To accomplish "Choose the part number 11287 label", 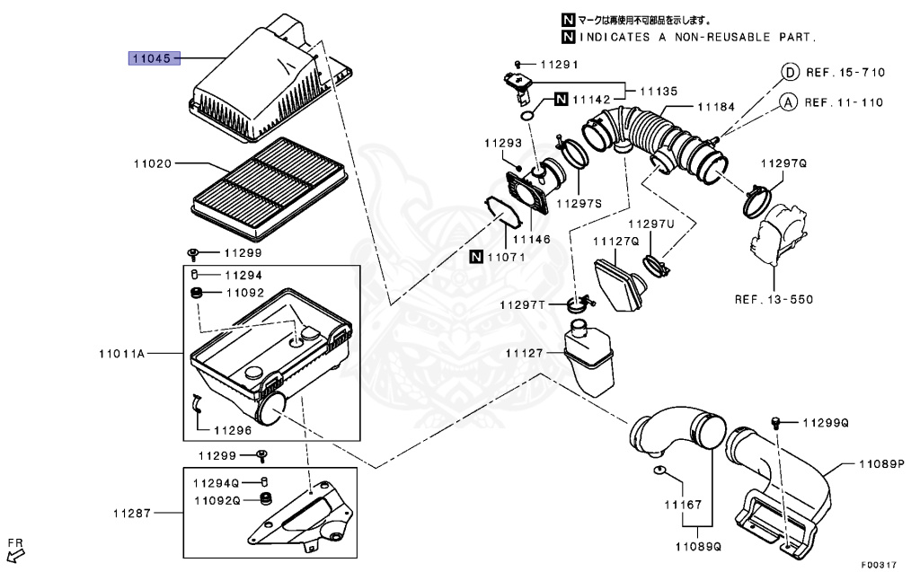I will (x=130, y=514).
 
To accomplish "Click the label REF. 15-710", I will (x=845, y=72).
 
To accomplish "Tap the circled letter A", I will (x=787, y=102).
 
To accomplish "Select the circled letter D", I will (x=788, y=72).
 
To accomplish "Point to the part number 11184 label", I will (x=715, y=107).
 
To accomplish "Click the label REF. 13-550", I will (x=774, y=299).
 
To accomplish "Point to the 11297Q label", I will (x=783, y=163).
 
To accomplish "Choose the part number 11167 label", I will (x=683, y=506).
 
